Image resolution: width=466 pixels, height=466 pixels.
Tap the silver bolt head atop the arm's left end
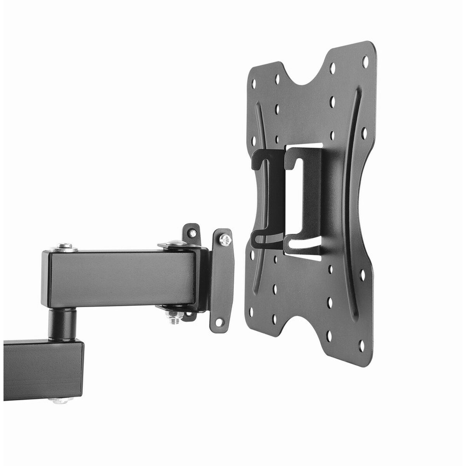(63, 246)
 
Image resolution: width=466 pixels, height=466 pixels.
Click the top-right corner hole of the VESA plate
(365, 61)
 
